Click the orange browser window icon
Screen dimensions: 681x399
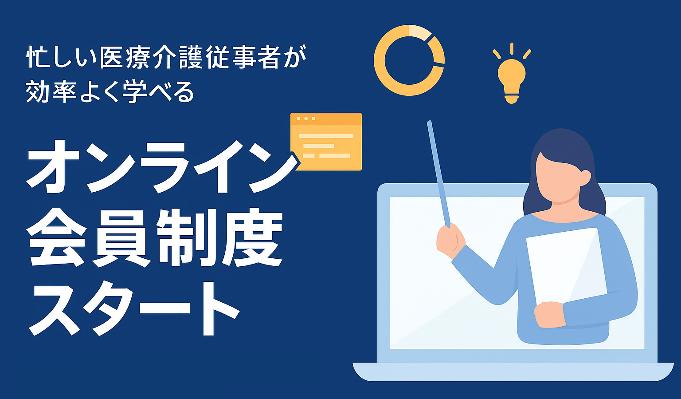point(326,142)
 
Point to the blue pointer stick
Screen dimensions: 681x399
point(438,174)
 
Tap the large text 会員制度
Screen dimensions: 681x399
point(155,238)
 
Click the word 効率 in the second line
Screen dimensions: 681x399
point(51,92)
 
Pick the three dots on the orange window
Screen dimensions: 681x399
point(306,119)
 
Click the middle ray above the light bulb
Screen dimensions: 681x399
point(512,49)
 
